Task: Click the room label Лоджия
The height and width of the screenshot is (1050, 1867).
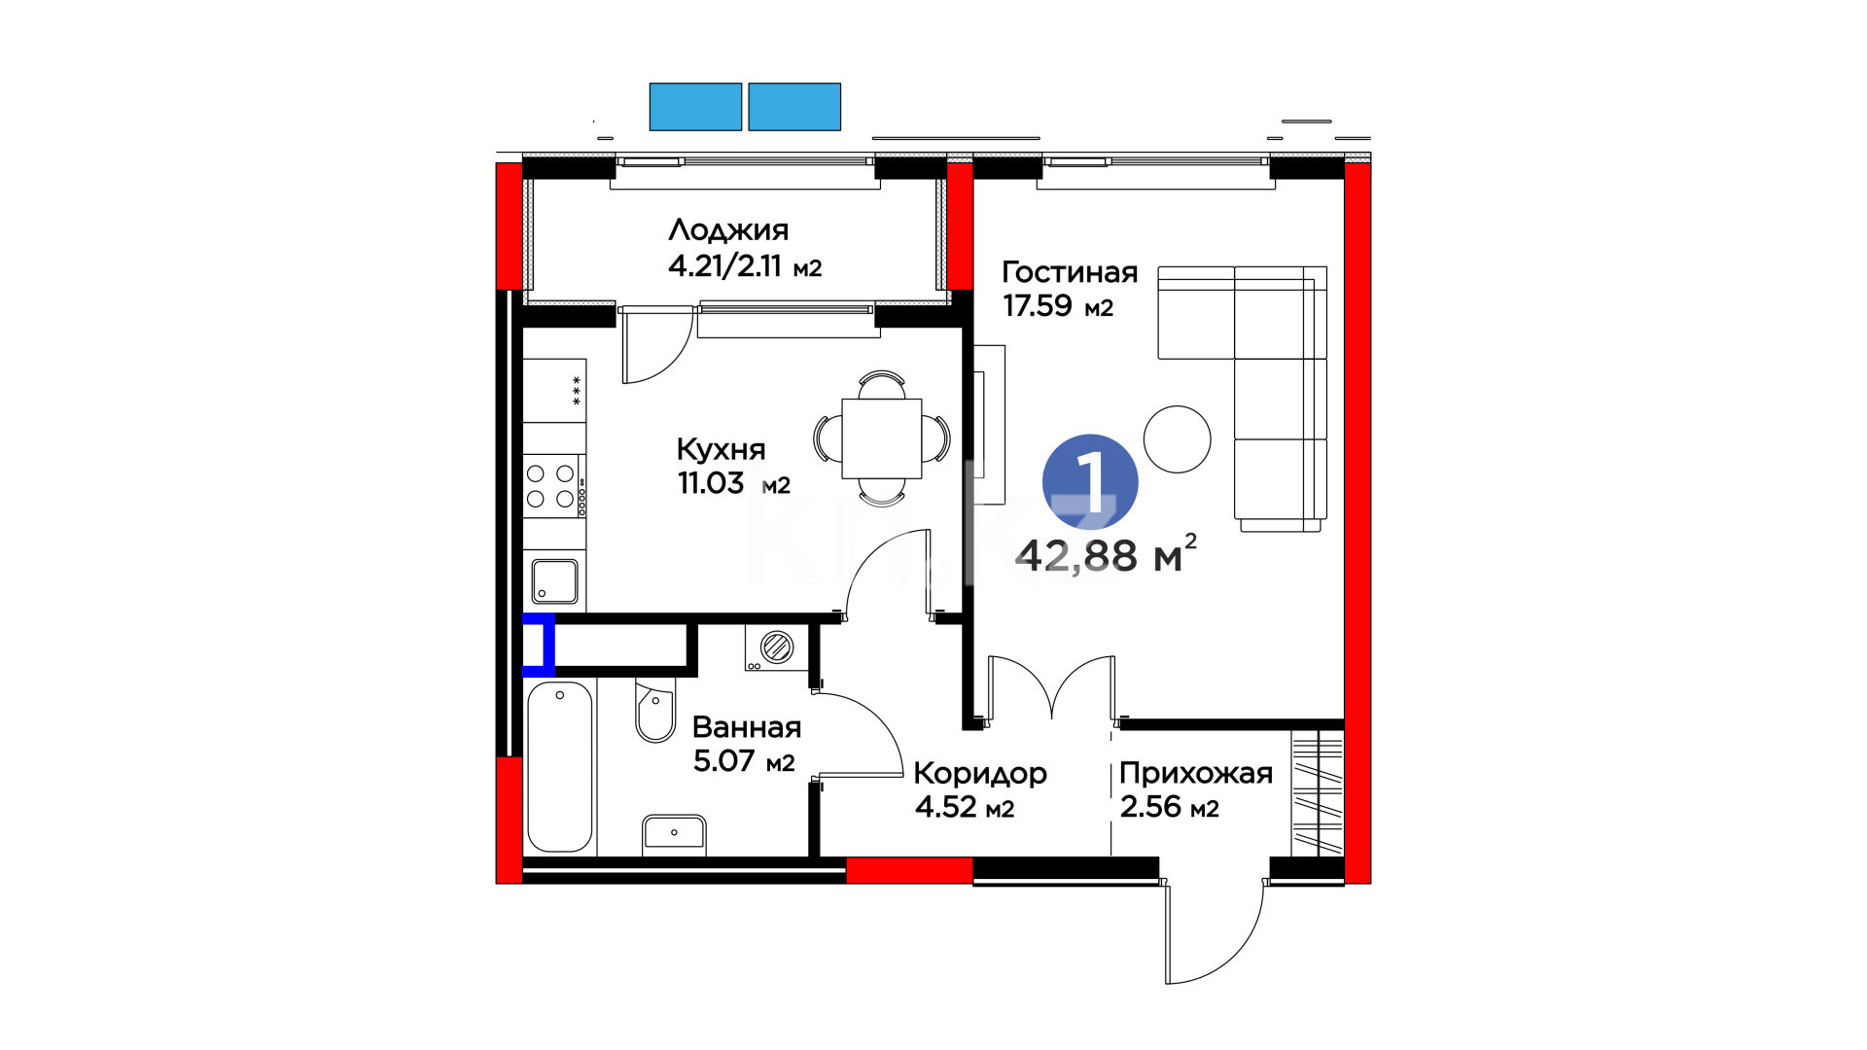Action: [728, 230]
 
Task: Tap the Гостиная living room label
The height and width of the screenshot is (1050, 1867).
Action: [1070, 272]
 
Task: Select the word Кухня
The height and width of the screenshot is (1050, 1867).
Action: [721, 449]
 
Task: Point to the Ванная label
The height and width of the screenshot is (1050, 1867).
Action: [747, 727]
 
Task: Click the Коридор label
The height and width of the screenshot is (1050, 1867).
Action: [980, 774]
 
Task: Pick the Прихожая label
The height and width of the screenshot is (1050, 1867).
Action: [1196, 774]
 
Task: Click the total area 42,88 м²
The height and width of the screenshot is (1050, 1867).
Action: [1106, 555]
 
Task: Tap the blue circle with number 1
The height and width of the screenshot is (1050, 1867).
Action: [1090, 482]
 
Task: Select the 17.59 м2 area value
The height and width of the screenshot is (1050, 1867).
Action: [1058, 306]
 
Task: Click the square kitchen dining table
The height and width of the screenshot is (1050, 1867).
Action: [882, 438]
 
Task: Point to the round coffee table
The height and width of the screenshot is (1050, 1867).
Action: [1178, 439]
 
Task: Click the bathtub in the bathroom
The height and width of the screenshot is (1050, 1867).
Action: [560, 767]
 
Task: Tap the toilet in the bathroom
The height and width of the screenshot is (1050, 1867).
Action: [655, 713]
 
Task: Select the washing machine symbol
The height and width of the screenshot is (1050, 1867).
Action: [776, 647]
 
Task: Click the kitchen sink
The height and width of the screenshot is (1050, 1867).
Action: [554, 581]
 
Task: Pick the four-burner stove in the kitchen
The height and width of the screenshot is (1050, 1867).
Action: [554, 486]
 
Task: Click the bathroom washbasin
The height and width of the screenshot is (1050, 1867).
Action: [674, 834]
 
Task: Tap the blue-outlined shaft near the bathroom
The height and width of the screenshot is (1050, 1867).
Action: [539, 645]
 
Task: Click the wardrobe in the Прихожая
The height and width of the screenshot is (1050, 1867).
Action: [1318, 792]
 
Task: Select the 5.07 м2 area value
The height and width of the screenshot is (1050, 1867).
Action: [744, 760]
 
